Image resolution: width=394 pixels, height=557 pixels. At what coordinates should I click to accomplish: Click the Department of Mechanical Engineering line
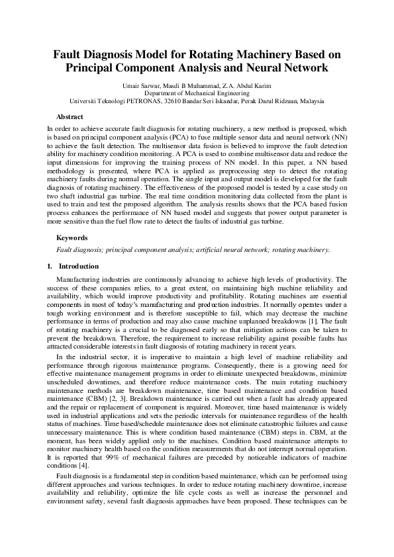197,94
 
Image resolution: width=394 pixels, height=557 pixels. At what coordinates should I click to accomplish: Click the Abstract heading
70,116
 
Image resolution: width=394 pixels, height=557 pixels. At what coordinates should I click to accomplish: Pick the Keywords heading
72,237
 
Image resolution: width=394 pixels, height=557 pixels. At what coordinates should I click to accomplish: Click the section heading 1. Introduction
73,267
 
